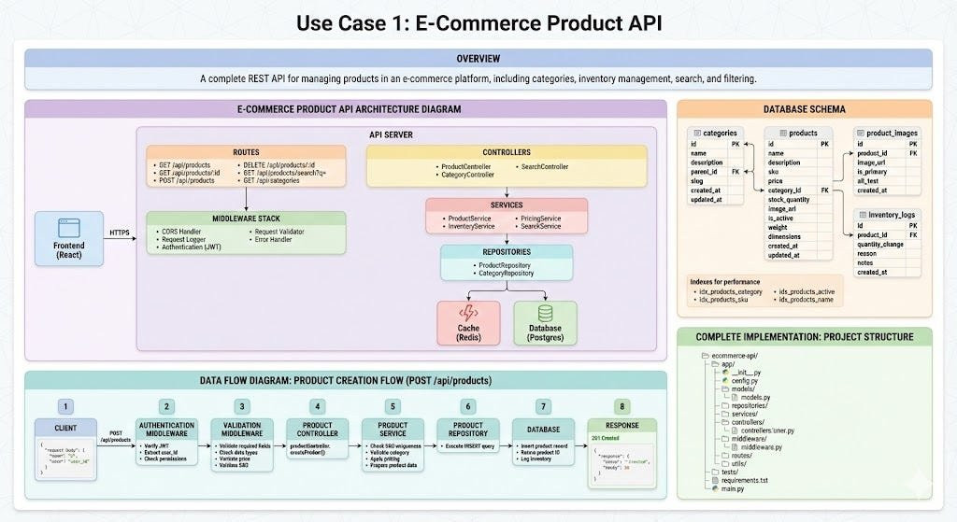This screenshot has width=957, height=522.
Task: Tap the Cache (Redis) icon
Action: pyautogui.click(x=469, y=314)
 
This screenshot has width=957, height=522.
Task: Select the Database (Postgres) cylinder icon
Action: pyautogui.click(x=545, y=314)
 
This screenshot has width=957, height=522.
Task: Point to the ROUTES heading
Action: pyautogui.click(x=246, y=151)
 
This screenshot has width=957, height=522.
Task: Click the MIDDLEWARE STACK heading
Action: pyautogui.click(x=246, y=219)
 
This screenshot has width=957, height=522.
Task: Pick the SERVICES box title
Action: pyautogui.click(x=507, y=205)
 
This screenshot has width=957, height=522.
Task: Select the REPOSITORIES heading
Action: pyautogui.click(x=507, y=252)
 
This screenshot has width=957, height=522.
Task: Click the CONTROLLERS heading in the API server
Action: pyautogui.click(x=507, y=152)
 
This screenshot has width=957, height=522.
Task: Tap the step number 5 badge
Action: pyautogui.click(x=393, y=406)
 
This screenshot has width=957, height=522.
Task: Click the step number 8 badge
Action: pyautogui.click(x=621, y=406)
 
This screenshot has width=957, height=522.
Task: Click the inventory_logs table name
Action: pyautogui.click(x=891, y=214)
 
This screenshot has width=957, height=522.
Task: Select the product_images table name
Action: pyautogui.click(x=891, y=133)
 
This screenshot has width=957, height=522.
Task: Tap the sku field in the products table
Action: pyautogui.click(x=776, y=172)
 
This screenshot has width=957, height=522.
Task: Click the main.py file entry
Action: pyautogui.click(x=733, y=488)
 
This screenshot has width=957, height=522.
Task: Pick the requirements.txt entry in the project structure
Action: pyautogui.click(x=750, y=480)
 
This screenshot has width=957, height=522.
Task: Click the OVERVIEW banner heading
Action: pyautogui.click(x=478, y=59)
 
